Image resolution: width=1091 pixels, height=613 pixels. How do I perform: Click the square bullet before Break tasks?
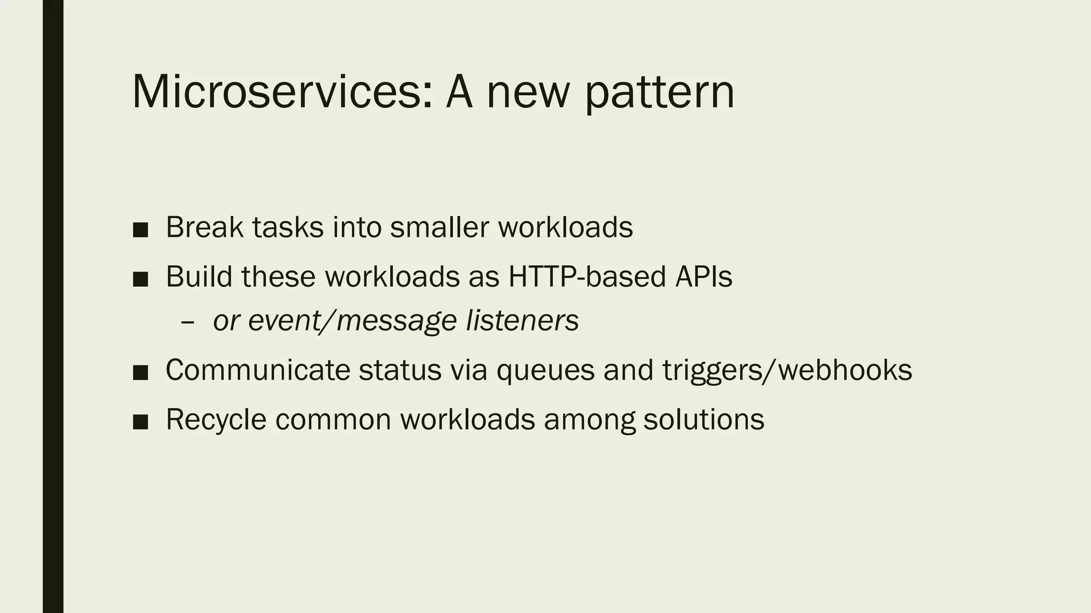[x=140, y=229]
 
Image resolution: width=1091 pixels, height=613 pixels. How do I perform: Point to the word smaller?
[x=439, y=227]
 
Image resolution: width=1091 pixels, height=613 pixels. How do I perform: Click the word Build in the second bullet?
[x=199, y=277]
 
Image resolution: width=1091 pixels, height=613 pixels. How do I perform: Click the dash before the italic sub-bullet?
[x=188, y=322]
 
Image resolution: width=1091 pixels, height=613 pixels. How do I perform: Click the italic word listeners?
[x=522, y=320]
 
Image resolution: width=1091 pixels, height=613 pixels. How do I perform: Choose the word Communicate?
[x=258, y=370]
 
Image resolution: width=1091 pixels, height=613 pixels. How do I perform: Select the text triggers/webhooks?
[x=787, y=371]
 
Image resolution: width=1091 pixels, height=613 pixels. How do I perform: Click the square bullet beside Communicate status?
[x=140, y=372]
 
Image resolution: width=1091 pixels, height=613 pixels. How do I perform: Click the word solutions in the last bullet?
[x=704, y=419]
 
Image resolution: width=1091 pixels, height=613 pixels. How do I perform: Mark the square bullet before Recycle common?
[x=140, y=422]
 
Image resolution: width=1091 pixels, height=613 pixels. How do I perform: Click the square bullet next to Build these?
[x=140, y=279]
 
